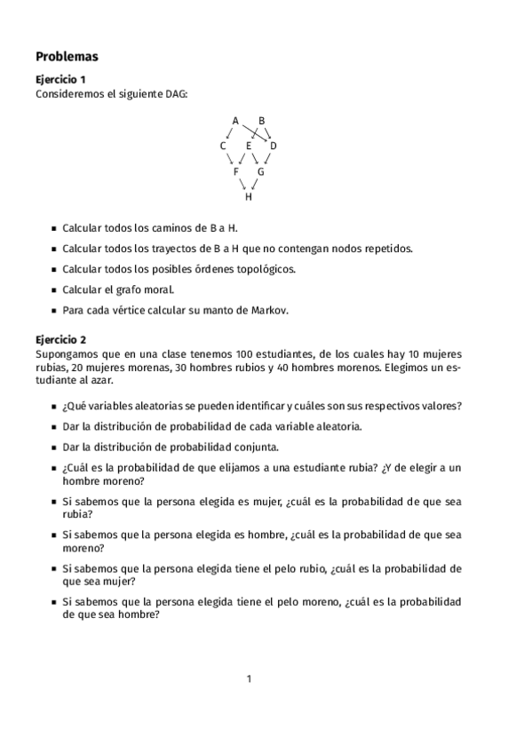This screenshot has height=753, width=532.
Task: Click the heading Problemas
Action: point(67,56)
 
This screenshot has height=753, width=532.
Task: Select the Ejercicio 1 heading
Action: point(60,80)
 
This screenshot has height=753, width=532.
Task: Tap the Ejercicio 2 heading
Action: point(60,339)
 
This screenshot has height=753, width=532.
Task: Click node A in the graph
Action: point(235,120)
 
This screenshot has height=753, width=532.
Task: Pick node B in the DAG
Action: point(261,120)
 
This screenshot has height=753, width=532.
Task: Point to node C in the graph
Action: point(223,146)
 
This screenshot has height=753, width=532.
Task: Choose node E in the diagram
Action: point(249,146)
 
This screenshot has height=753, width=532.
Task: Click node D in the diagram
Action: point(274,146)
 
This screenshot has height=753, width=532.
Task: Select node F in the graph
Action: point(236,171)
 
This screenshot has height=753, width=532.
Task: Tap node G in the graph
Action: point(261,171)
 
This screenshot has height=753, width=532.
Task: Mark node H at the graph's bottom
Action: point(249,197)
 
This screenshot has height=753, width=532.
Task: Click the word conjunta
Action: point(257,448)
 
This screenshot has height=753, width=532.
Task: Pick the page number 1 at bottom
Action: point(250,679)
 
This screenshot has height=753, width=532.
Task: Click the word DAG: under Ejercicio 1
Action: point(175,93)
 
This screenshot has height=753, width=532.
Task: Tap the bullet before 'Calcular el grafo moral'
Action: point(54,290)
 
